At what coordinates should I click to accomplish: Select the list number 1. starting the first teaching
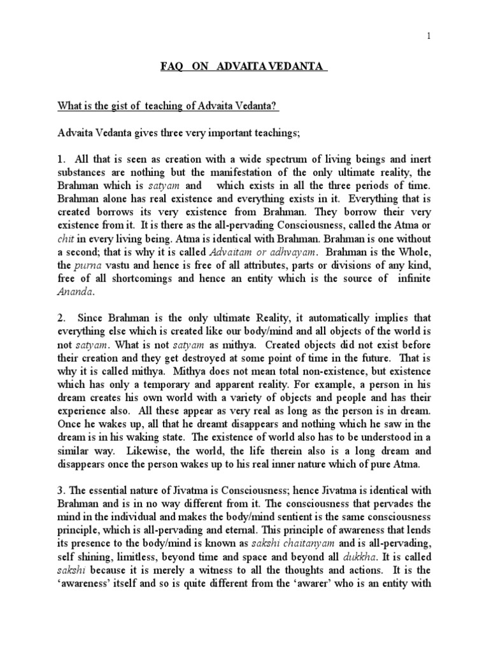tap(61, 157)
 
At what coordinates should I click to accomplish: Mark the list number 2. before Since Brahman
tap(61, 318)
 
